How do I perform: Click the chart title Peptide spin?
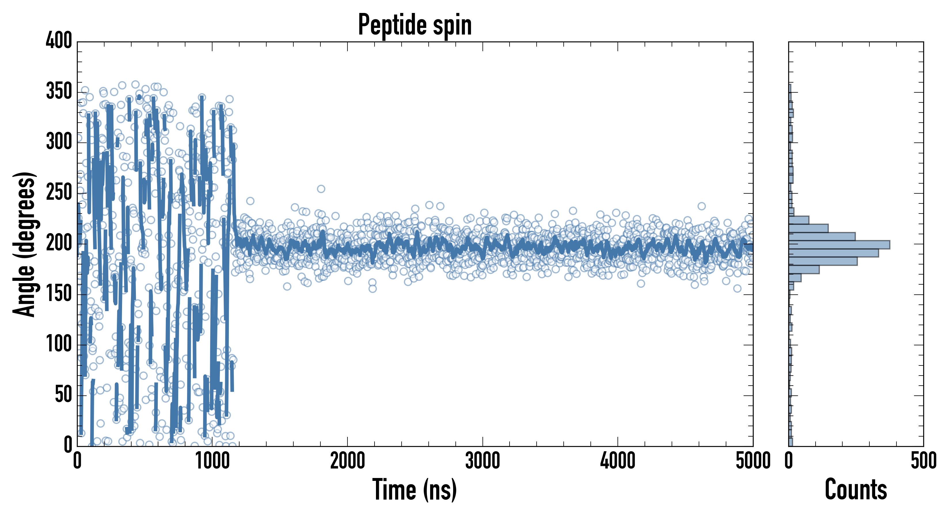415,25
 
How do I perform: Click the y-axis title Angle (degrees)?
24,244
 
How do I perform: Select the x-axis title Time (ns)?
415,489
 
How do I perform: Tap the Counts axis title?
856,489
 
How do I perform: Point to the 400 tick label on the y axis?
59,41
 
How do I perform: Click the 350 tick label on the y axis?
59,91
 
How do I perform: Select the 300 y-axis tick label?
59,142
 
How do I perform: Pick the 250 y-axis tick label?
59,193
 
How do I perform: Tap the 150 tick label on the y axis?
59,294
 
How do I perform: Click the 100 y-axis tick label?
59,344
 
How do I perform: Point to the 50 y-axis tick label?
63,395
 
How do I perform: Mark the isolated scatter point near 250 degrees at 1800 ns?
321,189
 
